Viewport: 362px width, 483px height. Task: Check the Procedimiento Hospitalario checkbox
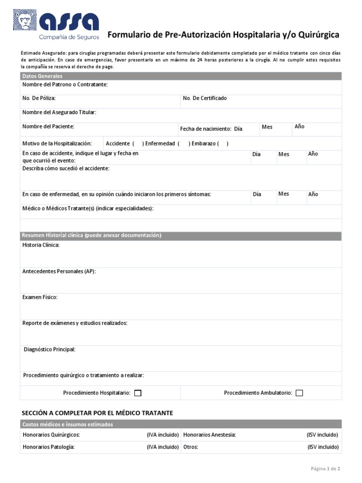point(138,393)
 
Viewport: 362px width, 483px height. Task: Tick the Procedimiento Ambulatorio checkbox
point(299,393)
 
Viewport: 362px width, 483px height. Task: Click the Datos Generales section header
point(42,76)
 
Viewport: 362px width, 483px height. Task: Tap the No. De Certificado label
point(205,98)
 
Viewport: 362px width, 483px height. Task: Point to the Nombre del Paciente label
point(49,126)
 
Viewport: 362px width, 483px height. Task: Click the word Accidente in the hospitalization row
point(118,143)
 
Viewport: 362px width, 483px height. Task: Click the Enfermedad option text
point(160,143)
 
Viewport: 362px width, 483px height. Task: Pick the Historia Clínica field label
point(41,245)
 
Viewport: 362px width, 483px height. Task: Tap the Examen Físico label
point(40,297)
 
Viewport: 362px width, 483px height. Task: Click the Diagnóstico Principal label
point(49,349)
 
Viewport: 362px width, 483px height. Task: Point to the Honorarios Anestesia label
point(209,435)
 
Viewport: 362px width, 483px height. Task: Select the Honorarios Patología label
point(49,447)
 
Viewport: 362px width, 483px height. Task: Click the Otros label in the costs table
point(190,447)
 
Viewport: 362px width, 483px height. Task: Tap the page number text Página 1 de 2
point(325,468)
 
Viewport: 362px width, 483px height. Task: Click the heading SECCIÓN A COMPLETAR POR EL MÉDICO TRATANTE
point(98,413)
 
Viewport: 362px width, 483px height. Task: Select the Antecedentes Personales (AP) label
point(59,271)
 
